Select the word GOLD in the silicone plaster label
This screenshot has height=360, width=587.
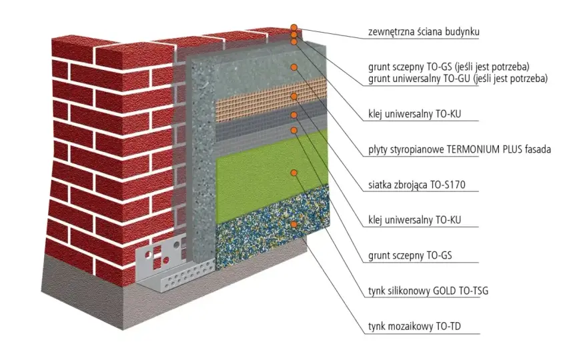click(x=445, y=291)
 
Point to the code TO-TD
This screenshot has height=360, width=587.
click(x=448, y=326)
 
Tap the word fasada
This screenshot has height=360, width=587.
click(x=538, y=149)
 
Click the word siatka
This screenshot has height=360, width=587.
click(x=380, y=185)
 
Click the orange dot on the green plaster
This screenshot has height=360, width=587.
click(x=294, y=173)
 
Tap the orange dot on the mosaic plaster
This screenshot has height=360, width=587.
click(x=294, y=225)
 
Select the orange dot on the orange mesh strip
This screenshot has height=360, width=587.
click(x=294, y=97)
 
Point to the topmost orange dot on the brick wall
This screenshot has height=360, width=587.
click(x=294, y=27)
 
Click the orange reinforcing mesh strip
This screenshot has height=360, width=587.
click(x=271, y=100)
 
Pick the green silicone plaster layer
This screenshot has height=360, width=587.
click(x=272, y=177)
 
